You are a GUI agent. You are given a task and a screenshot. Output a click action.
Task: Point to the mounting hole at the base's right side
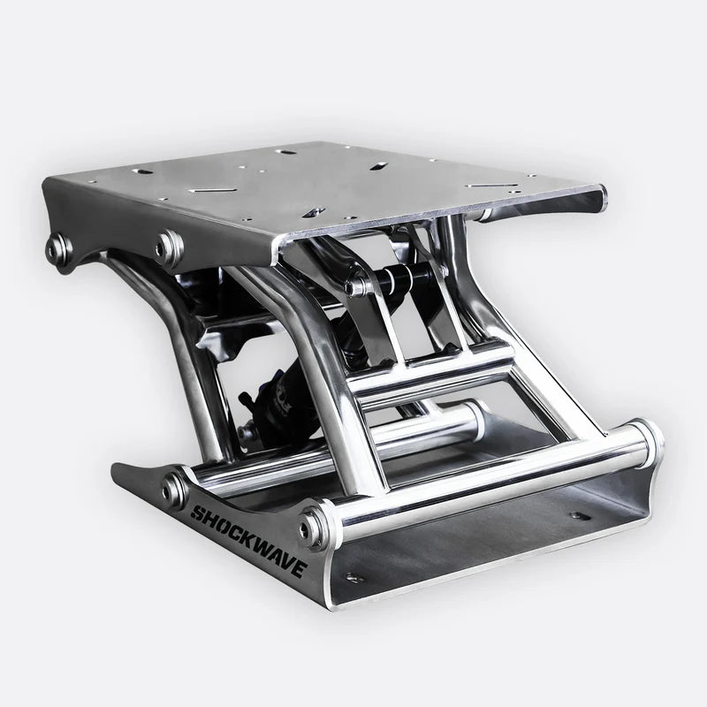[x=577, y=514]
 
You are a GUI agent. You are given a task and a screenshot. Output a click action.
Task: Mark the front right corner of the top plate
[x=603, y=192]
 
